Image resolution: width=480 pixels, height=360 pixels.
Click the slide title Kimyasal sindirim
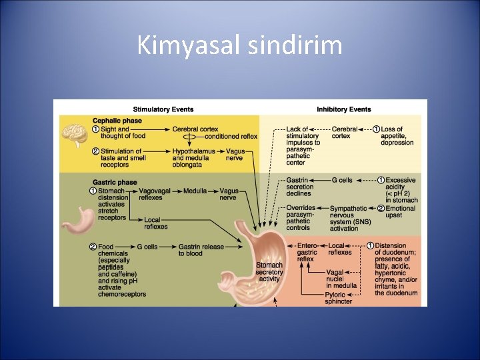click(239, 46)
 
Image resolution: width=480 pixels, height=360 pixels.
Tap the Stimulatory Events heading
click(163, 109)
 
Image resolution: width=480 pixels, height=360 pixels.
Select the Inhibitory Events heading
click(343, 109)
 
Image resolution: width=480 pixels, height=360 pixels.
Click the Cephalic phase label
click(117, 121)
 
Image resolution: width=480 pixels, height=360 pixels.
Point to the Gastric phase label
click(115, 182)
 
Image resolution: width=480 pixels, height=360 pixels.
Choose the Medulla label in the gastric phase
click(195, 191)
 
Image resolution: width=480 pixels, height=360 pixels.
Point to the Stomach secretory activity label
click(269, 272)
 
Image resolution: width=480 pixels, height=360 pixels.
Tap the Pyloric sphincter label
click(340, 297)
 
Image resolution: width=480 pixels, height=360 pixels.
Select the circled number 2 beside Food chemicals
click(93, 247)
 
